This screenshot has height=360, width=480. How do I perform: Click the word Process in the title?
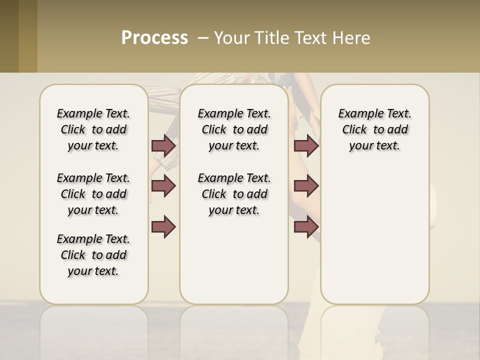tap(154, 38)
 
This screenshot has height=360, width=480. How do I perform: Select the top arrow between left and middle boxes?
tap(163, 145)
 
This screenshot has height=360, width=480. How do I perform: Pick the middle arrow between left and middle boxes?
tap(163, 186)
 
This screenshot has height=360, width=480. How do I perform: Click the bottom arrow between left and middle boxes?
tap(163, 227)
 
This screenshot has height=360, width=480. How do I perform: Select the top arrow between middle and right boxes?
tap(306, 145)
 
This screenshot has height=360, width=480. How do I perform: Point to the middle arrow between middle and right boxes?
tap(306, 186)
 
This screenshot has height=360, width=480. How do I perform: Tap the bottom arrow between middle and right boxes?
tap(306, 227)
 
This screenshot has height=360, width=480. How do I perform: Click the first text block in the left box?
tap(93, 129)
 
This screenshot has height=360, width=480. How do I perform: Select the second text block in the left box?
tap(93, 194)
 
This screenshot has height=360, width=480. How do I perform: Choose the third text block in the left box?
tap(93, 255)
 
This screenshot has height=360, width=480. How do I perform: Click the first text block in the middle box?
tap(234, 129)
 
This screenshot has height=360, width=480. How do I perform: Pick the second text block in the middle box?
tap(234, 194)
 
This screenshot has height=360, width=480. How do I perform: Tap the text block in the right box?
tap(374, 129)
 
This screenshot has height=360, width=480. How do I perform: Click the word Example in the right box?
tap(357, 114)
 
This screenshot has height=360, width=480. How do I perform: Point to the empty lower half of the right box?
tap(374, 240)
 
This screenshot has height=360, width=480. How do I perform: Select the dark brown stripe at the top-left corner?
tap(9, 36)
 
